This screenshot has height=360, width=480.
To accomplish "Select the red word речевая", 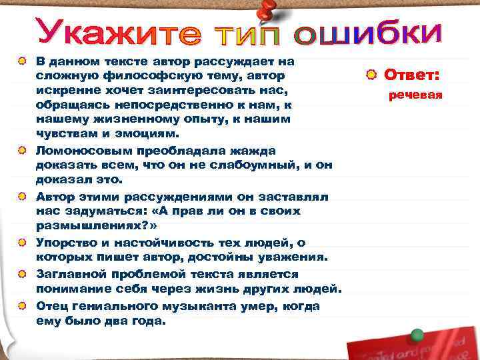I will point(416,95).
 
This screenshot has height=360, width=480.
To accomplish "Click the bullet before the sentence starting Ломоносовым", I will point(23,151).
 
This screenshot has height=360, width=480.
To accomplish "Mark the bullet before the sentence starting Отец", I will point(23,305).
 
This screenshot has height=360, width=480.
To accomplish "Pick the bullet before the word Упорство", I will point(23,243).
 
